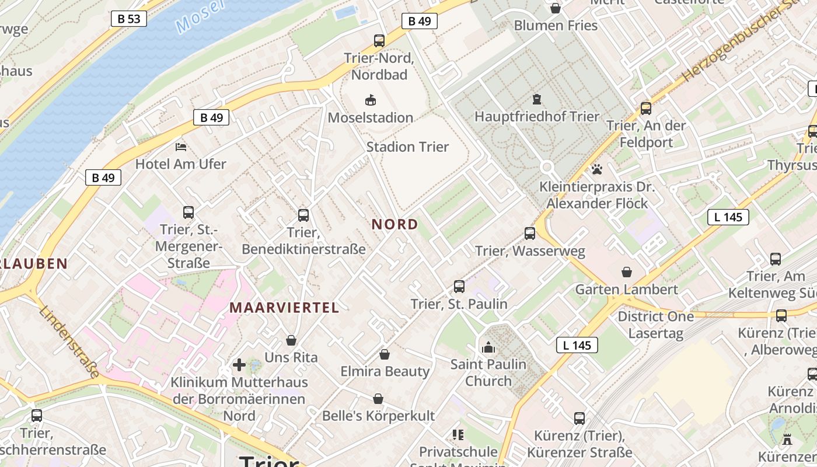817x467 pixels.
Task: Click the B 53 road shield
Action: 128,19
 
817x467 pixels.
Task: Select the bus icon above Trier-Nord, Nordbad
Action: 379,41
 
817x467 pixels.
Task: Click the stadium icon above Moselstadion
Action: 371,100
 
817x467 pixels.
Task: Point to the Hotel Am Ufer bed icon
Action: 181,147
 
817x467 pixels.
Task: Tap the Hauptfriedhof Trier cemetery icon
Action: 537,99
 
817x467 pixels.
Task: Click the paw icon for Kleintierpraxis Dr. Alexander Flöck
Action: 597,170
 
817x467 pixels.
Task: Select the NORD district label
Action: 395,224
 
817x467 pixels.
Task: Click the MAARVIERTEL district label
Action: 284,308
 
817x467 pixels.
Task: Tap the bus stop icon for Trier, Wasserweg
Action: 530,233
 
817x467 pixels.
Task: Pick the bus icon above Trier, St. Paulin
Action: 459,287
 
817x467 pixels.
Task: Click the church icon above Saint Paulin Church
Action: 488,347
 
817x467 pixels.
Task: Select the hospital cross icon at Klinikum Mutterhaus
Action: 239,365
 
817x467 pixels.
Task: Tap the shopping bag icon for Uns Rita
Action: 291,340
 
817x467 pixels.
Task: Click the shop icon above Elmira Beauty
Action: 385,354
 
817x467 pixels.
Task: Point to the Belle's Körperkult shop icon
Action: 378,399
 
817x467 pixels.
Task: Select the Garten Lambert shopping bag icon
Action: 627,272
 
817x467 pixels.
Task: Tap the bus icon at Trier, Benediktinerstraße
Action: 303,215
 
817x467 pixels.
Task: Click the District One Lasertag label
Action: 656,325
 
